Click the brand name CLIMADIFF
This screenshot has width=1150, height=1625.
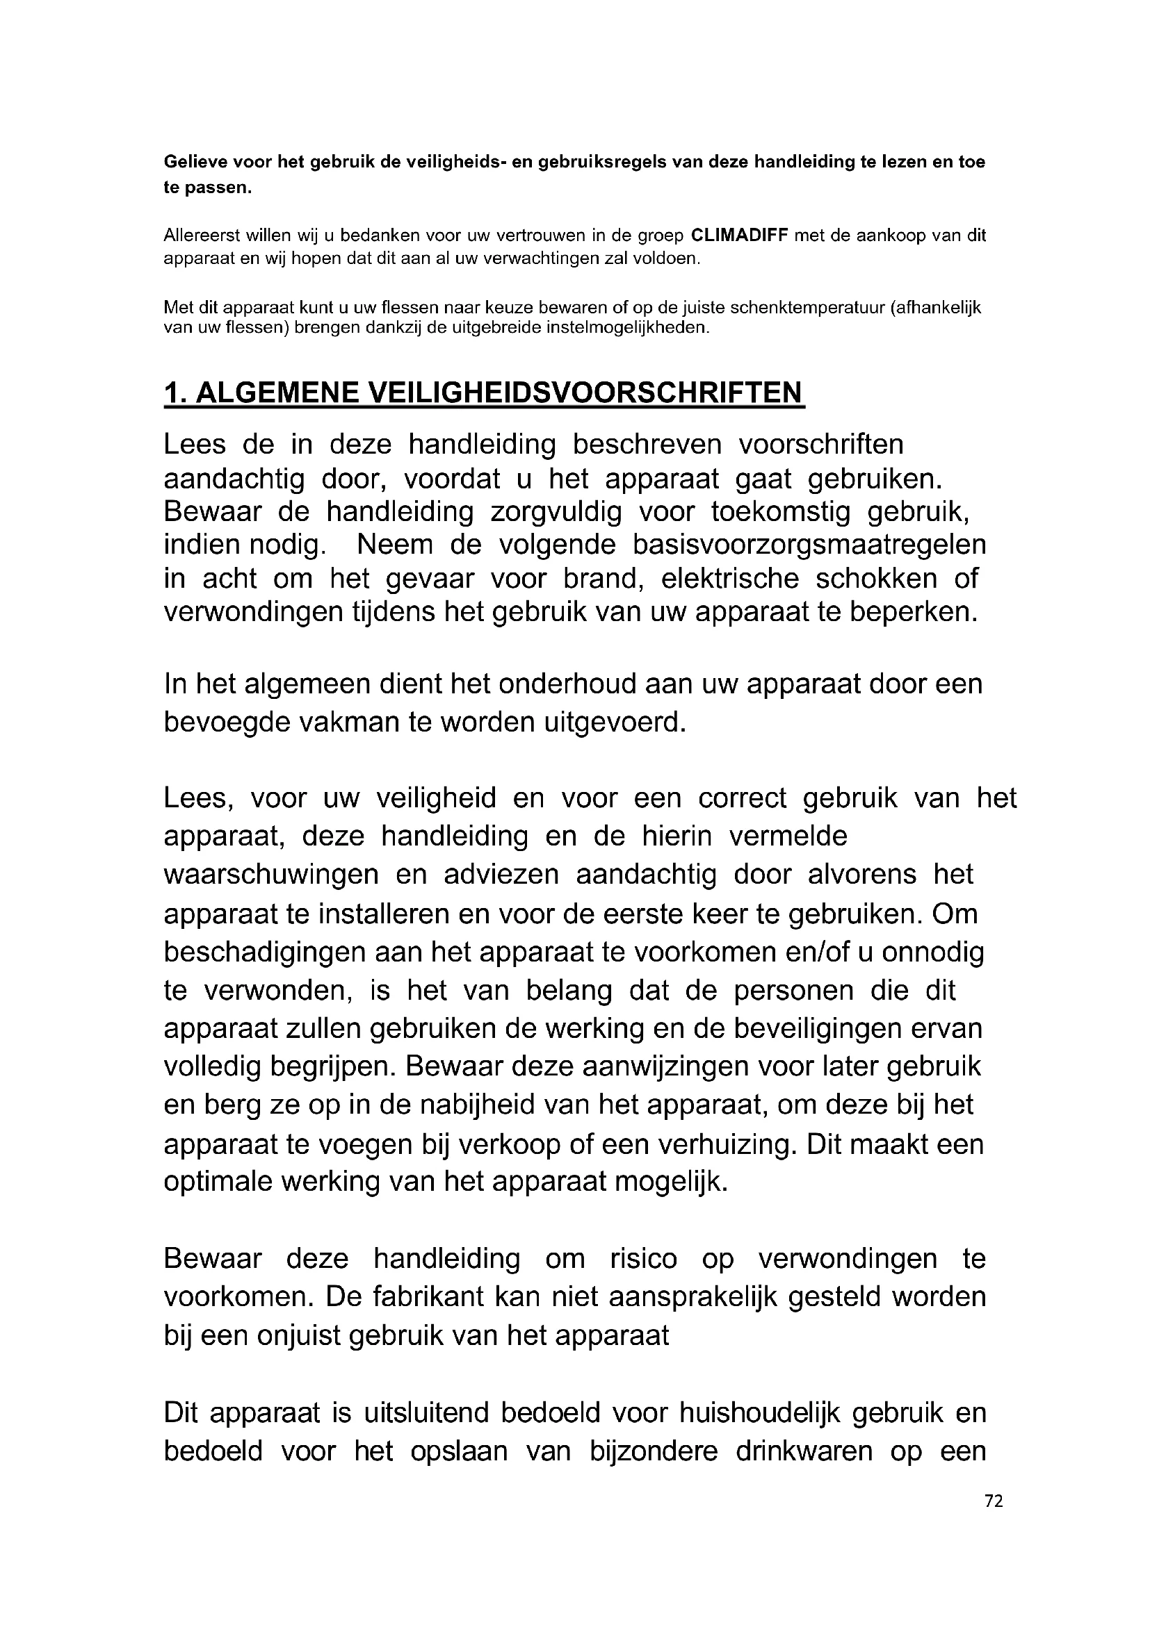pos(739,236)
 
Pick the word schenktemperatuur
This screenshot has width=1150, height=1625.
pos(805,308)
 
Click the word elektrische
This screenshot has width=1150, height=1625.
pos(729,578)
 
